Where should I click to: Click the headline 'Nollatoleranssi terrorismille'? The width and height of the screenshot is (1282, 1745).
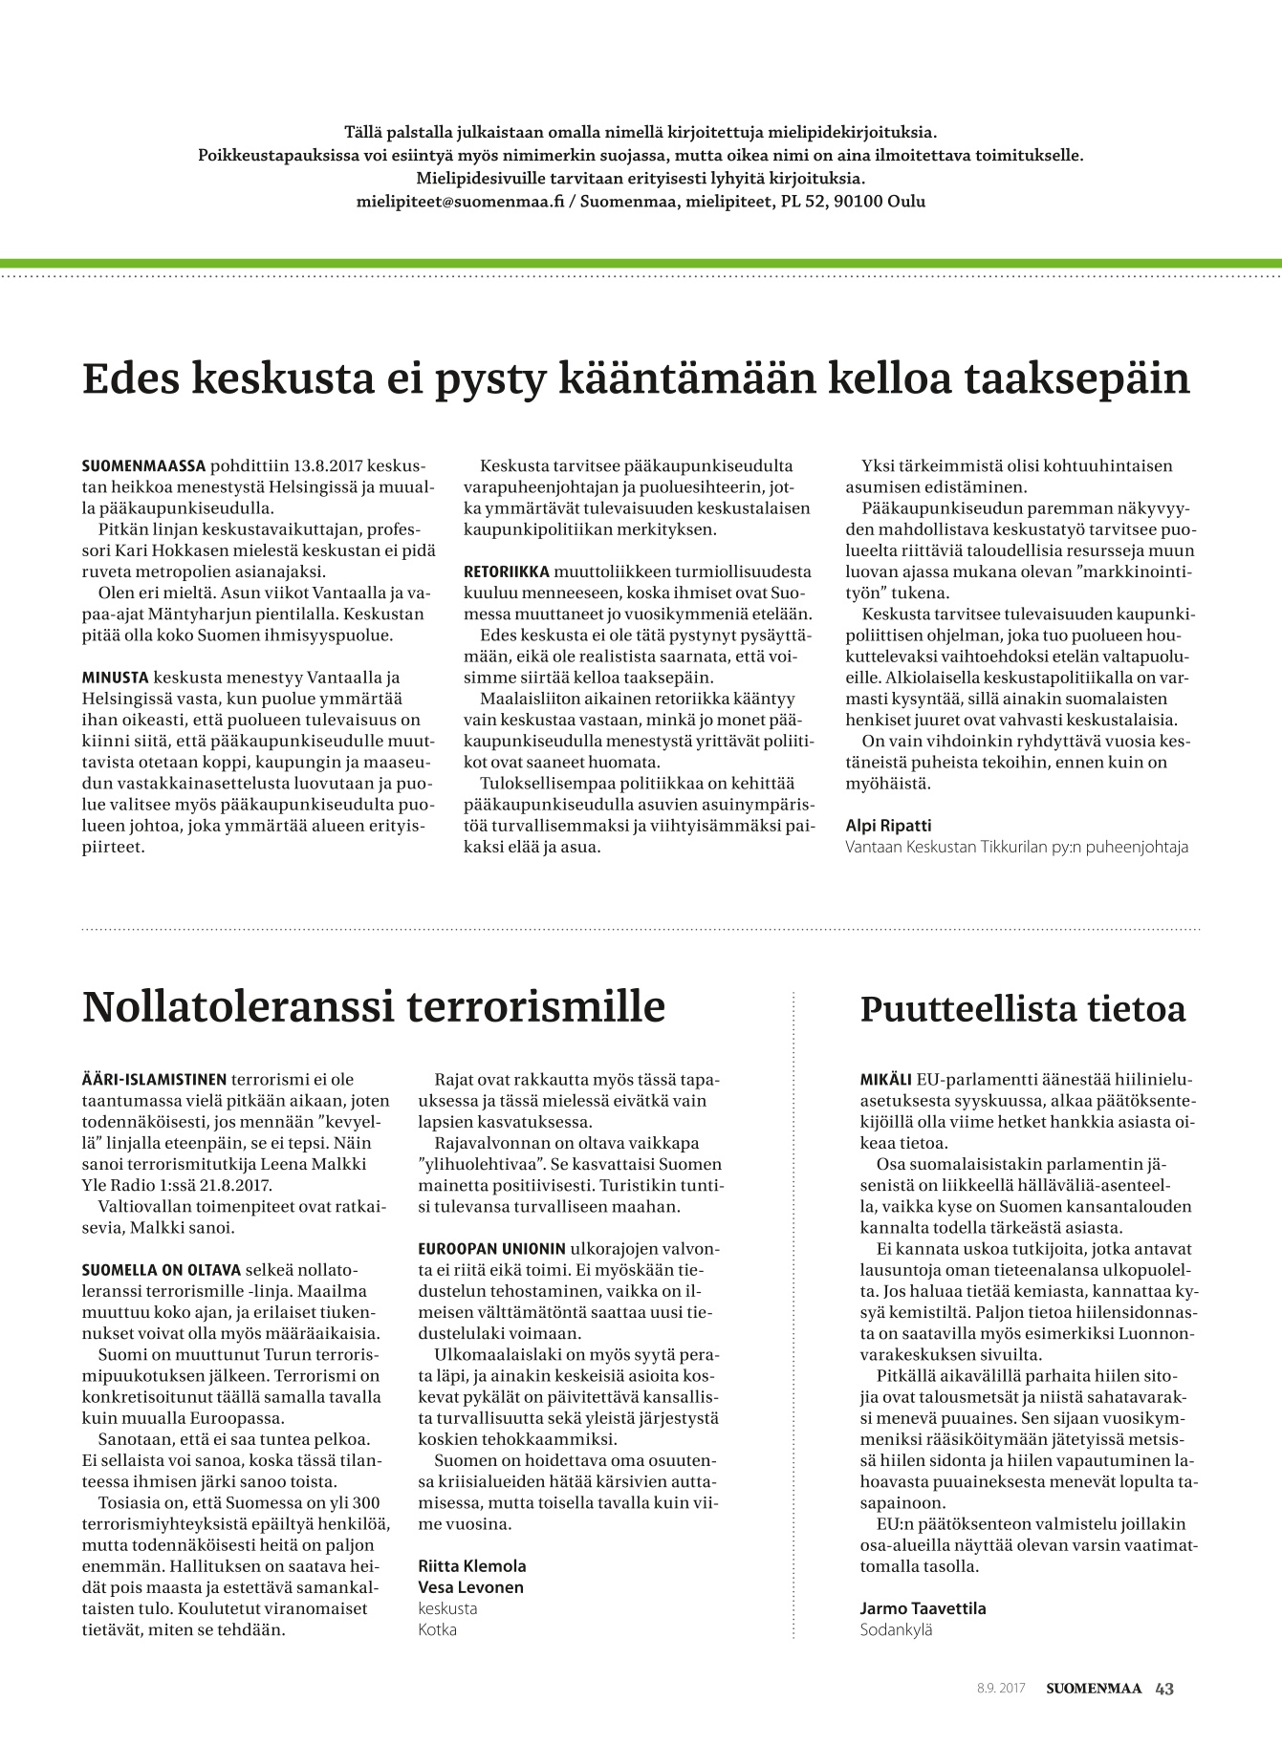click(373, 1006)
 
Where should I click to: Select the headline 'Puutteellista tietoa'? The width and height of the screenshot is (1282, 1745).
click(1022, 1009)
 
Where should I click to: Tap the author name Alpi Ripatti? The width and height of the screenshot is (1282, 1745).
click(888, 825)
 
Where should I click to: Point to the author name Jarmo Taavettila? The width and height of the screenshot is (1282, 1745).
click(923, 1608)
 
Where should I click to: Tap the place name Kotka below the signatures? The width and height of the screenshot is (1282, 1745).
click(437, 1629)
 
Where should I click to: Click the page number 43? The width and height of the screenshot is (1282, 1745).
click(1164, 1689)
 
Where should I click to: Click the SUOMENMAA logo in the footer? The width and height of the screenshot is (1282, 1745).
click(1093, 1689)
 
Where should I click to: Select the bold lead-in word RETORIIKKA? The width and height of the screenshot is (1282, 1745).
click(507, 571)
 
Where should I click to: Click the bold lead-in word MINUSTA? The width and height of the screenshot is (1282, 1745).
click(116, 678)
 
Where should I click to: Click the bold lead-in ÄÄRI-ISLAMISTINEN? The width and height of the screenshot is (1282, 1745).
click(154, 1080)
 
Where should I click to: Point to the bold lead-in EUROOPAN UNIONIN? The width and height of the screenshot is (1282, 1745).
click(491, 1249)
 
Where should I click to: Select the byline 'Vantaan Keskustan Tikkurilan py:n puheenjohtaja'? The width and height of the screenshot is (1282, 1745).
click(1017, 847)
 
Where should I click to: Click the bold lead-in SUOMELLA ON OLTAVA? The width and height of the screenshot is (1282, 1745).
click(162, 1270)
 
